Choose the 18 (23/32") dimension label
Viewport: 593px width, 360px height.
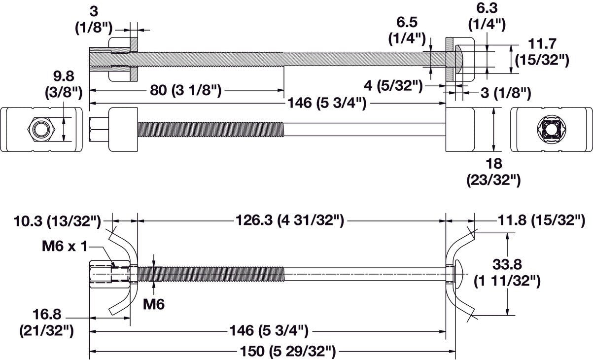click(x=493, y=172)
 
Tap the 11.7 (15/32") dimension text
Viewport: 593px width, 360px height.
click(x=542, y=51)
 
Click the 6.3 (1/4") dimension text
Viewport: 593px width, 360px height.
click(x=487, y=16)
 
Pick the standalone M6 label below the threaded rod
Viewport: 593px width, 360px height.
click(x=154, y=304)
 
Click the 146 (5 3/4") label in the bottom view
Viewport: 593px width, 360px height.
click(x=269, y=330)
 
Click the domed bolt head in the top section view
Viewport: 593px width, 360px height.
click(x=458, y=57)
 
